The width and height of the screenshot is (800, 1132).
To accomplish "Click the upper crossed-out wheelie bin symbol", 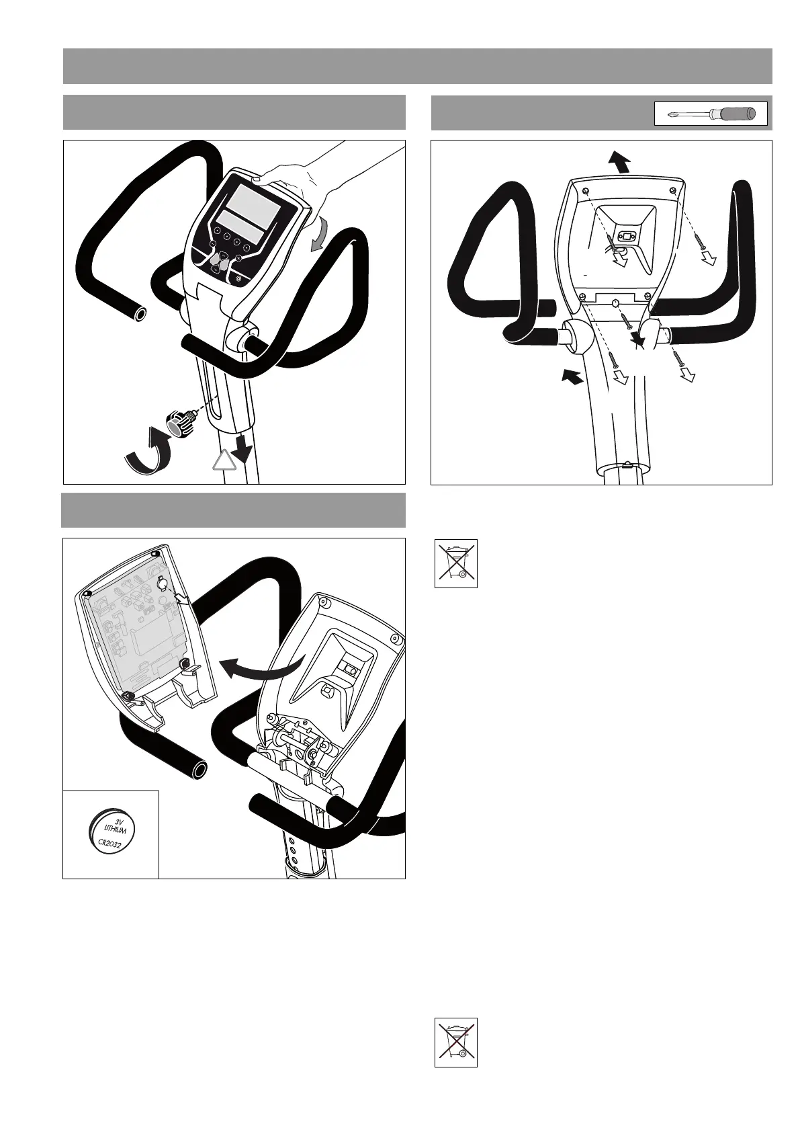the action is coord(455,563).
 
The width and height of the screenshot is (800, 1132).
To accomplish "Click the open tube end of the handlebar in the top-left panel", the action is coord(140,314).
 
